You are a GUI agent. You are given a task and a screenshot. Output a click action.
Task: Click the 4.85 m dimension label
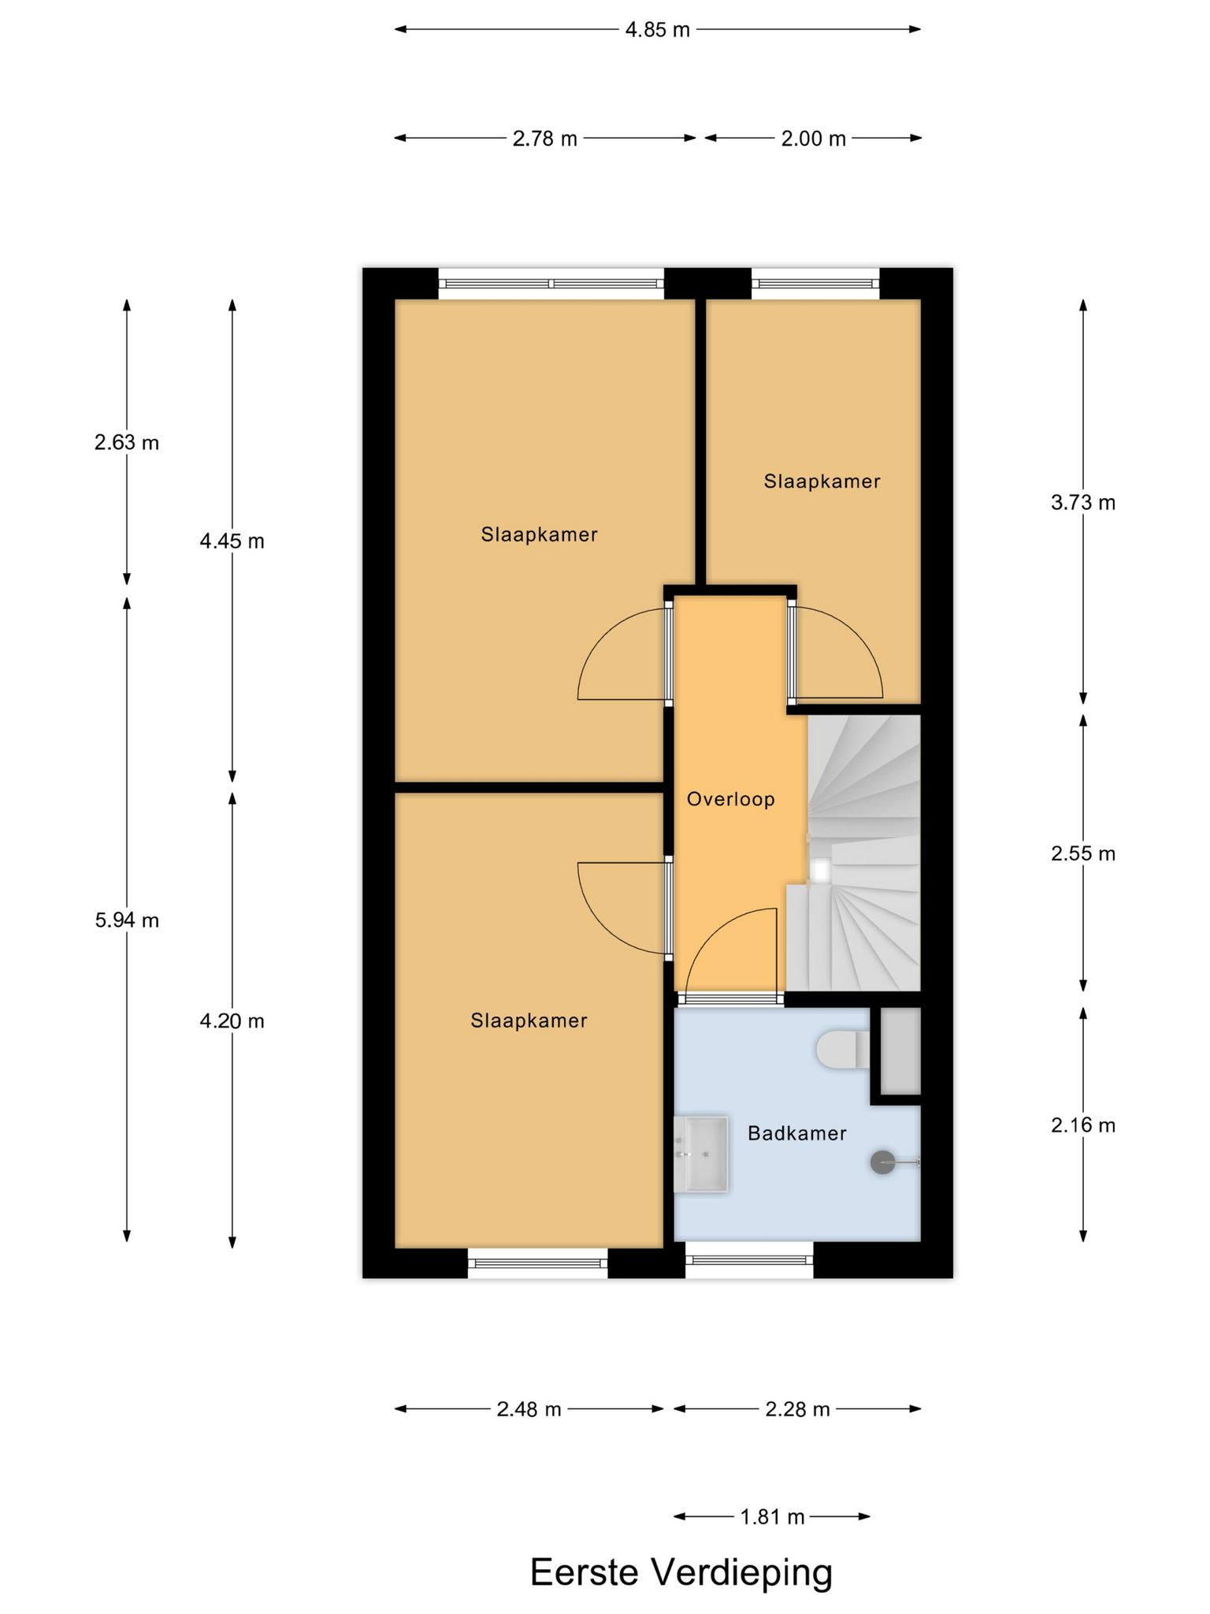[x=657, y=30]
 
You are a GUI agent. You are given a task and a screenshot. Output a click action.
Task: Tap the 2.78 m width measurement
[x=544, y=139]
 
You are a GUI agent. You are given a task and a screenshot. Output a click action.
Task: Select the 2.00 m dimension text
[x=813, y=139]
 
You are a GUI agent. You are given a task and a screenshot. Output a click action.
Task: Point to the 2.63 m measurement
[x=127, y=443]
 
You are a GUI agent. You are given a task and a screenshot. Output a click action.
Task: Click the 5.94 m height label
[x=127, y=920]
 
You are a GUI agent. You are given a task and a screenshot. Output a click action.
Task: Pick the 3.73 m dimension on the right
[x=1083, y=503]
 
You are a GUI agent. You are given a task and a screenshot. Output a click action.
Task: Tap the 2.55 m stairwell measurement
[x=1083, y=853]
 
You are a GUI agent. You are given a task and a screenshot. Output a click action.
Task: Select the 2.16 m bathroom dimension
[x=1083, y=1125]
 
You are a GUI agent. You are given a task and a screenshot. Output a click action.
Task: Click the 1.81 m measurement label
[x=772, y=1516]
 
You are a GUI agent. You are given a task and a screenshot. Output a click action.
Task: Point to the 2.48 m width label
[x=529, y=1408]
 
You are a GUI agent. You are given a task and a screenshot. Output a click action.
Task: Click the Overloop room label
[x=731, y=799]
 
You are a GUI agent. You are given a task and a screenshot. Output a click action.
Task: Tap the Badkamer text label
[x=797, y=1133]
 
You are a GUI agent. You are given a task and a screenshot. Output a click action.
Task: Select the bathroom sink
[x=701, y=1154]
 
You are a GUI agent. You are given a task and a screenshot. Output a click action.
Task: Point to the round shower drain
[x=882, y=1162]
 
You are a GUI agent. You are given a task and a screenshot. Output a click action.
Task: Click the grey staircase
[x=864, y=853]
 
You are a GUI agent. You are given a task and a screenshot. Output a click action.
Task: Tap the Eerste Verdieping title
[x=681, y=1572]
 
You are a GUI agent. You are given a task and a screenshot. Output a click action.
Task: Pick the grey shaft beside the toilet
[x=900, y=1051]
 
